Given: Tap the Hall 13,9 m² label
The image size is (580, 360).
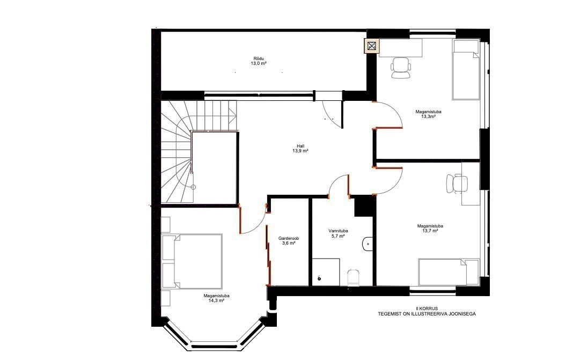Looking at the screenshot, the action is pyautogui.click(x=300, y=149).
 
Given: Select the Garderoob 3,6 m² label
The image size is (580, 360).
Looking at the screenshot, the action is pyautogui.click(x=289, y=241).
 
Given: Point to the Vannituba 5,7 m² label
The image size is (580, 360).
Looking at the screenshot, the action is pyautogui.click(x=338, y=233).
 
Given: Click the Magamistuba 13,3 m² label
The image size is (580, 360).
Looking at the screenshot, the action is pyautogui.click(x=428, y=114).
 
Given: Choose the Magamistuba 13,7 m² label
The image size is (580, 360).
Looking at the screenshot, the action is pyautogui.click(x=430, y=228).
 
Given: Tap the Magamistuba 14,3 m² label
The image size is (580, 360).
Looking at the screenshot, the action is pyautogui.click(x=216, y=298).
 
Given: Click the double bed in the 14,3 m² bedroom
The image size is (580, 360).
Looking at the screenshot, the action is pyautogui.click(x=192, y=261).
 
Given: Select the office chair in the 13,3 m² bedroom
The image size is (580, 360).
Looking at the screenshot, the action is pyautogui.click(x=401, y=68).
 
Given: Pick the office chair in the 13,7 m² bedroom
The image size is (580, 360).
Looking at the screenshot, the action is pyautogui.click(x=457, y=183).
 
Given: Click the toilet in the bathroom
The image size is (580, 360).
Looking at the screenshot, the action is pyautogui.click(x=353, y=277).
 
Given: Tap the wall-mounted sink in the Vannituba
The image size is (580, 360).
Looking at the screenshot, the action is pyautogui.click(x=368, y=244).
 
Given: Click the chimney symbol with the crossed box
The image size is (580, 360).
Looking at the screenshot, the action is pyautogui.click(x=371, y=46).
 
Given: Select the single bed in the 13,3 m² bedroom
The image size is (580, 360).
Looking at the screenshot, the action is pyautogui.click(x=466, y=70).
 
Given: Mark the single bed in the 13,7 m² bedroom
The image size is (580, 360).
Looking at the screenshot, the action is pyautogui.click(x=449, y=273).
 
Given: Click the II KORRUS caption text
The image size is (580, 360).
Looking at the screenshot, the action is pyautogui.click(x=427, y=308).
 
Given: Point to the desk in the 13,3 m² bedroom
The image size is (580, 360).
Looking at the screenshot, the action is pyautogui.click(x=401, y=48).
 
